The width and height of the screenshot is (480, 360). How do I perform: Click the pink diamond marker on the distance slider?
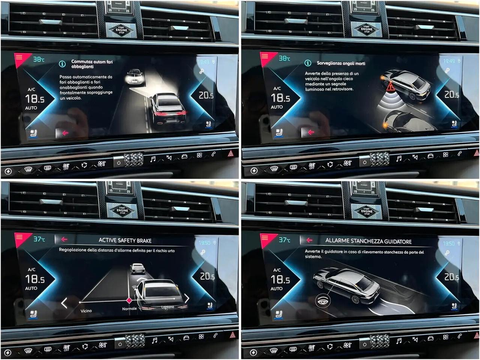point(129,300)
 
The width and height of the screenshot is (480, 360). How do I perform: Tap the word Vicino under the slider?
point(86,311)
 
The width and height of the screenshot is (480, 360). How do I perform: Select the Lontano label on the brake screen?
point(168,307)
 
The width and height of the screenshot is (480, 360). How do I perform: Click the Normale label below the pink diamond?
point(129,309)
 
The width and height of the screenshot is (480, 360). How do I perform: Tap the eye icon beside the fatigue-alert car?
point(322,300)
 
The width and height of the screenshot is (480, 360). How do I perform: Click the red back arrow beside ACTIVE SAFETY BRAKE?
point(64,239)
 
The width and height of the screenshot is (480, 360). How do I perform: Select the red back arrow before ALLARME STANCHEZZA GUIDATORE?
point(309,240)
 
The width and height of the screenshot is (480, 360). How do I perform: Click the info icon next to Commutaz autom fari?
point(62,64)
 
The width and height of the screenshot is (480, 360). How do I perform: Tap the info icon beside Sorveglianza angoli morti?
point(308,63)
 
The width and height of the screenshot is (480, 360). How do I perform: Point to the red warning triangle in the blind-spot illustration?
point(391,87)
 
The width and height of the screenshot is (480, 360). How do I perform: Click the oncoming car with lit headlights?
point(135,77)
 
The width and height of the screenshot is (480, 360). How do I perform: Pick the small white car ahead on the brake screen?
point(138,268)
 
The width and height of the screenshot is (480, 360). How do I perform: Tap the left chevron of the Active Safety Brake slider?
point(64,303)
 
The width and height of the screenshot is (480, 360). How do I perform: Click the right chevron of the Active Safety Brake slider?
point(186,298)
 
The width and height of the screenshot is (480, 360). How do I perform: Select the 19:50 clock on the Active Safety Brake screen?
point(204,243)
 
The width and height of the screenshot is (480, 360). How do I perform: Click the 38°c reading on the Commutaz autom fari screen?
point(39,59)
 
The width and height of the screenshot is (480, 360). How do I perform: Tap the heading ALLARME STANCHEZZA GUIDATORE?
point(368,241)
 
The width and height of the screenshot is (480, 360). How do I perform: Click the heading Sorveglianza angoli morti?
point(341,63)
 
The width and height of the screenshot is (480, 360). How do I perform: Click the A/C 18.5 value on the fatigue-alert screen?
point(280,280)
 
